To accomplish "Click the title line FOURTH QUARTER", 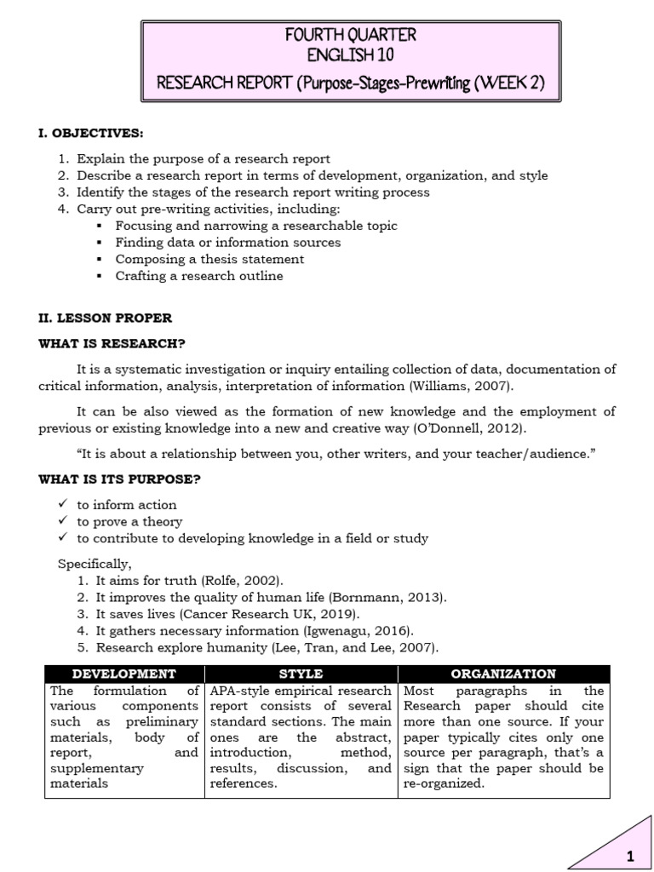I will point(351,35).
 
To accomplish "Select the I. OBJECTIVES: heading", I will point(91,134).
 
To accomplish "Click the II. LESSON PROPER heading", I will point(105,318).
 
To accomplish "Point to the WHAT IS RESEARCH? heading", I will point(112,343).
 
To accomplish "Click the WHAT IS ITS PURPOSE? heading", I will point(119,479).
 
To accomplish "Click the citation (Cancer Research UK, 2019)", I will point(289,614).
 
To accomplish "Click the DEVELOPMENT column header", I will point(124,674).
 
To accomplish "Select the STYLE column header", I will point(301,674).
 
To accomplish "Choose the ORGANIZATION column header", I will point(503,674).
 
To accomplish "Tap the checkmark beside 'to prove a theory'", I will point(62,521).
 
